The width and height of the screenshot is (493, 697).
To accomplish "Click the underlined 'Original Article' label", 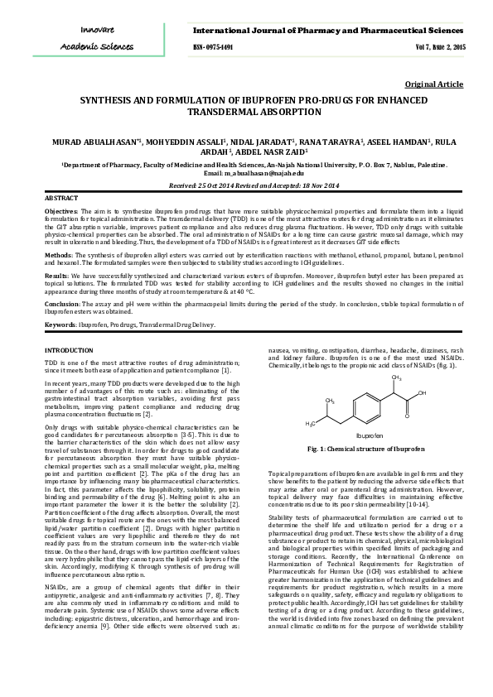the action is tap(433, 84).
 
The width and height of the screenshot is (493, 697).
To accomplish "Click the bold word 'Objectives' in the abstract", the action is tap(60, 212).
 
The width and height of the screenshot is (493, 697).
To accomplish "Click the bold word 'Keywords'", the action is tap(60, 324).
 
